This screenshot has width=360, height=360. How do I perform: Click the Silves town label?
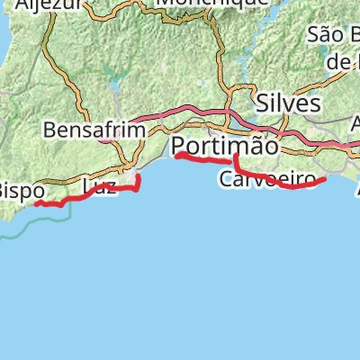pos(288,103)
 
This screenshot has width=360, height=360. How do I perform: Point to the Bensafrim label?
pos(94,130)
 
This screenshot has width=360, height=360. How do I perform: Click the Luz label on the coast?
pos(99,187)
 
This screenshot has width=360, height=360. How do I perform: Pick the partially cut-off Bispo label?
pos(16,191)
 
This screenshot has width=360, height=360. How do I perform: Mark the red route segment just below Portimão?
pos(202,159)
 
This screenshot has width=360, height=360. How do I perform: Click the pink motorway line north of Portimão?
pos(198,112)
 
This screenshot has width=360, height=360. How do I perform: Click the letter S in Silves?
pos(262,103)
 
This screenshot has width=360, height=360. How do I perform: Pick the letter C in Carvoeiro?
pos(226,180)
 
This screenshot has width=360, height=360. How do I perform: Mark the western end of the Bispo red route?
pos(36,203)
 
